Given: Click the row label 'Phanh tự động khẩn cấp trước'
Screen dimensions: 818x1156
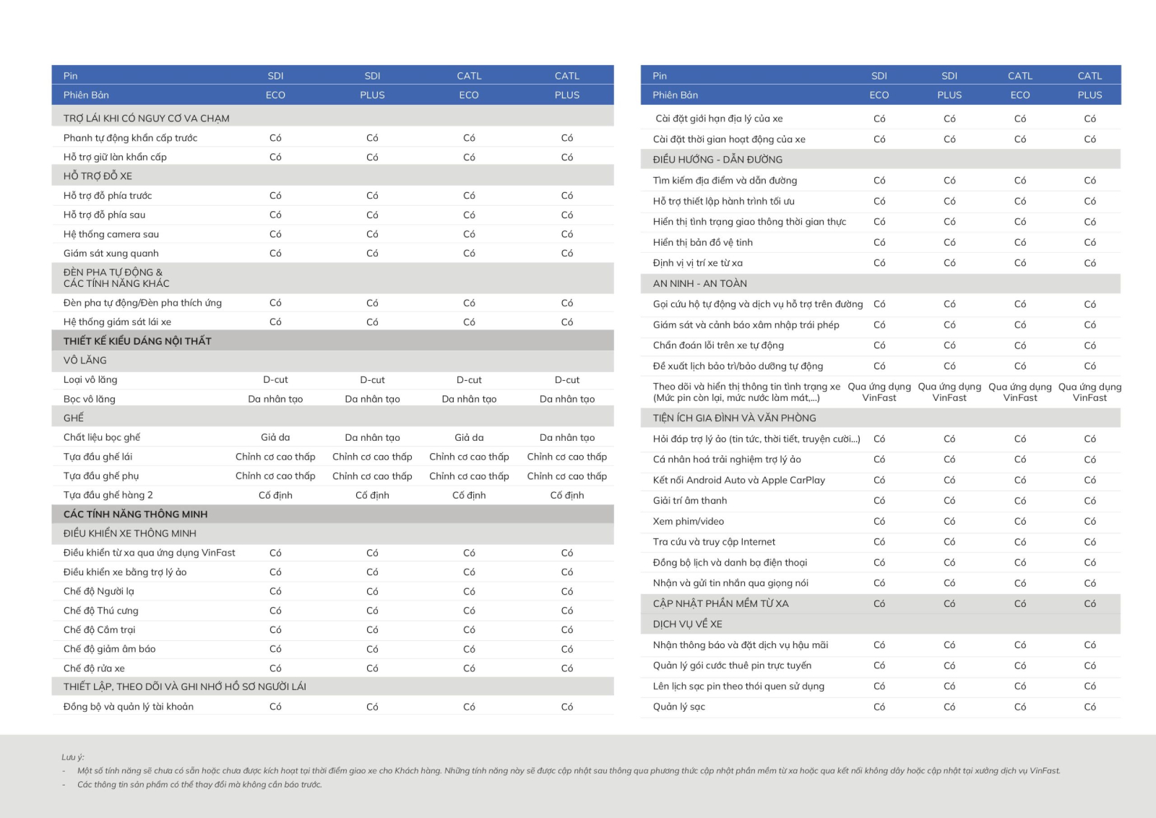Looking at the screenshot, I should pyautogui.click(x=130, y=138).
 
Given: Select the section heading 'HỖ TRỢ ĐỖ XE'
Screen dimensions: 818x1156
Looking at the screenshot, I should pyautogui.click(x=98, y=176).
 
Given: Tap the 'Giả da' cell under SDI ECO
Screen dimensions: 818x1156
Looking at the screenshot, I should pyautogui.click(x=275, y=437).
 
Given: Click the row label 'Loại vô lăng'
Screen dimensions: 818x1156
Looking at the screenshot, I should pyautogui.click(x=90, y=380).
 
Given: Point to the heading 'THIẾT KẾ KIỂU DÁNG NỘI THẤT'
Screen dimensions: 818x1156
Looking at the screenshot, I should pyautogui.click(x=137, y=341).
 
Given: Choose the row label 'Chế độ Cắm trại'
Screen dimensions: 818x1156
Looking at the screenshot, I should pyautogui.click(x=99, y=630).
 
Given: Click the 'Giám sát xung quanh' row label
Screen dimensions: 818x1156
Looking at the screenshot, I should pyautogui.click(x=111, y=254).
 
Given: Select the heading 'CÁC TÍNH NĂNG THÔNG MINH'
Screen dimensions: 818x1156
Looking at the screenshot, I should pyautogui.click(x=135, y=515).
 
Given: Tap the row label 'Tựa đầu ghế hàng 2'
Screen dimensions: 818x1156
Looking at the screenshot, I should pyautogui.click(x=108, y=496).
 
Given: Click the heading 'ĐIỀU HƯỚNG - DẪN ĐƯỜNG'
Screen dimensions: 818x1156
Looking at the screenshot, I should pyautogui.click(x=717, y=160).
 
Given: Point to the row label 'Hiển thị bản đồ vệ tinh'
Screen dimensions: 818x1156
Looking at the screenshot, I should pyautogui.click(x=702, y=243).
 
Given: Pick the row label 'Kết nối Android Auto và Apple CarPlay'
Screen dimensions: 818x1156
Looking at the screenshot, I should pyautogui.click(x=738, y=481).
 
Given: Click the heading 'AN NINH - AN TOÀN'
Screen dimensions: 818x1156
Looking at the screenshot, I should pyautogui.click(x=699, y=284).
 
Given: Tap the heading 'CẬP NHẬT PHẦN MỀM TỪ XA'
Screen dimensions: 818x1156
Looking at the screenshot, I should pyautogui.click(x=720, y=604).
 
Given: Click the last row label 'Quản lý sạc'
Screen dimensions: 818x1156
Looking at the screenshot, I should pyautogui.click(x=678, y=707).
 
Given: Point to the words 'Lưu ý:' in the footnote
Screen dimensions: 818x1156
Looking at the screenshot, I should pyautogui.click(x=72, y=757).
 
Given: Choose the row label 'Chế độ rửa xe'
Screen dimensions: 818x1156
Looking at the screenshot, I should pyautogui.click(x=94, y=668).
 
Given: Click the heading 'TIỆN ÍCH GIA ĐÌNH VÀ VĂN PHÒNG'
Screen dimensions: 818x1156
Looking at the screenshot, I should pyautogui.click(x=734, y=418).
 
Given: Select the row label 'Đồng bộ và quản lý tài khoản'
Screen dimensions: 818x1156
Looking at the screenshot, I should pyautogui.click(x=128, y=707).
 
